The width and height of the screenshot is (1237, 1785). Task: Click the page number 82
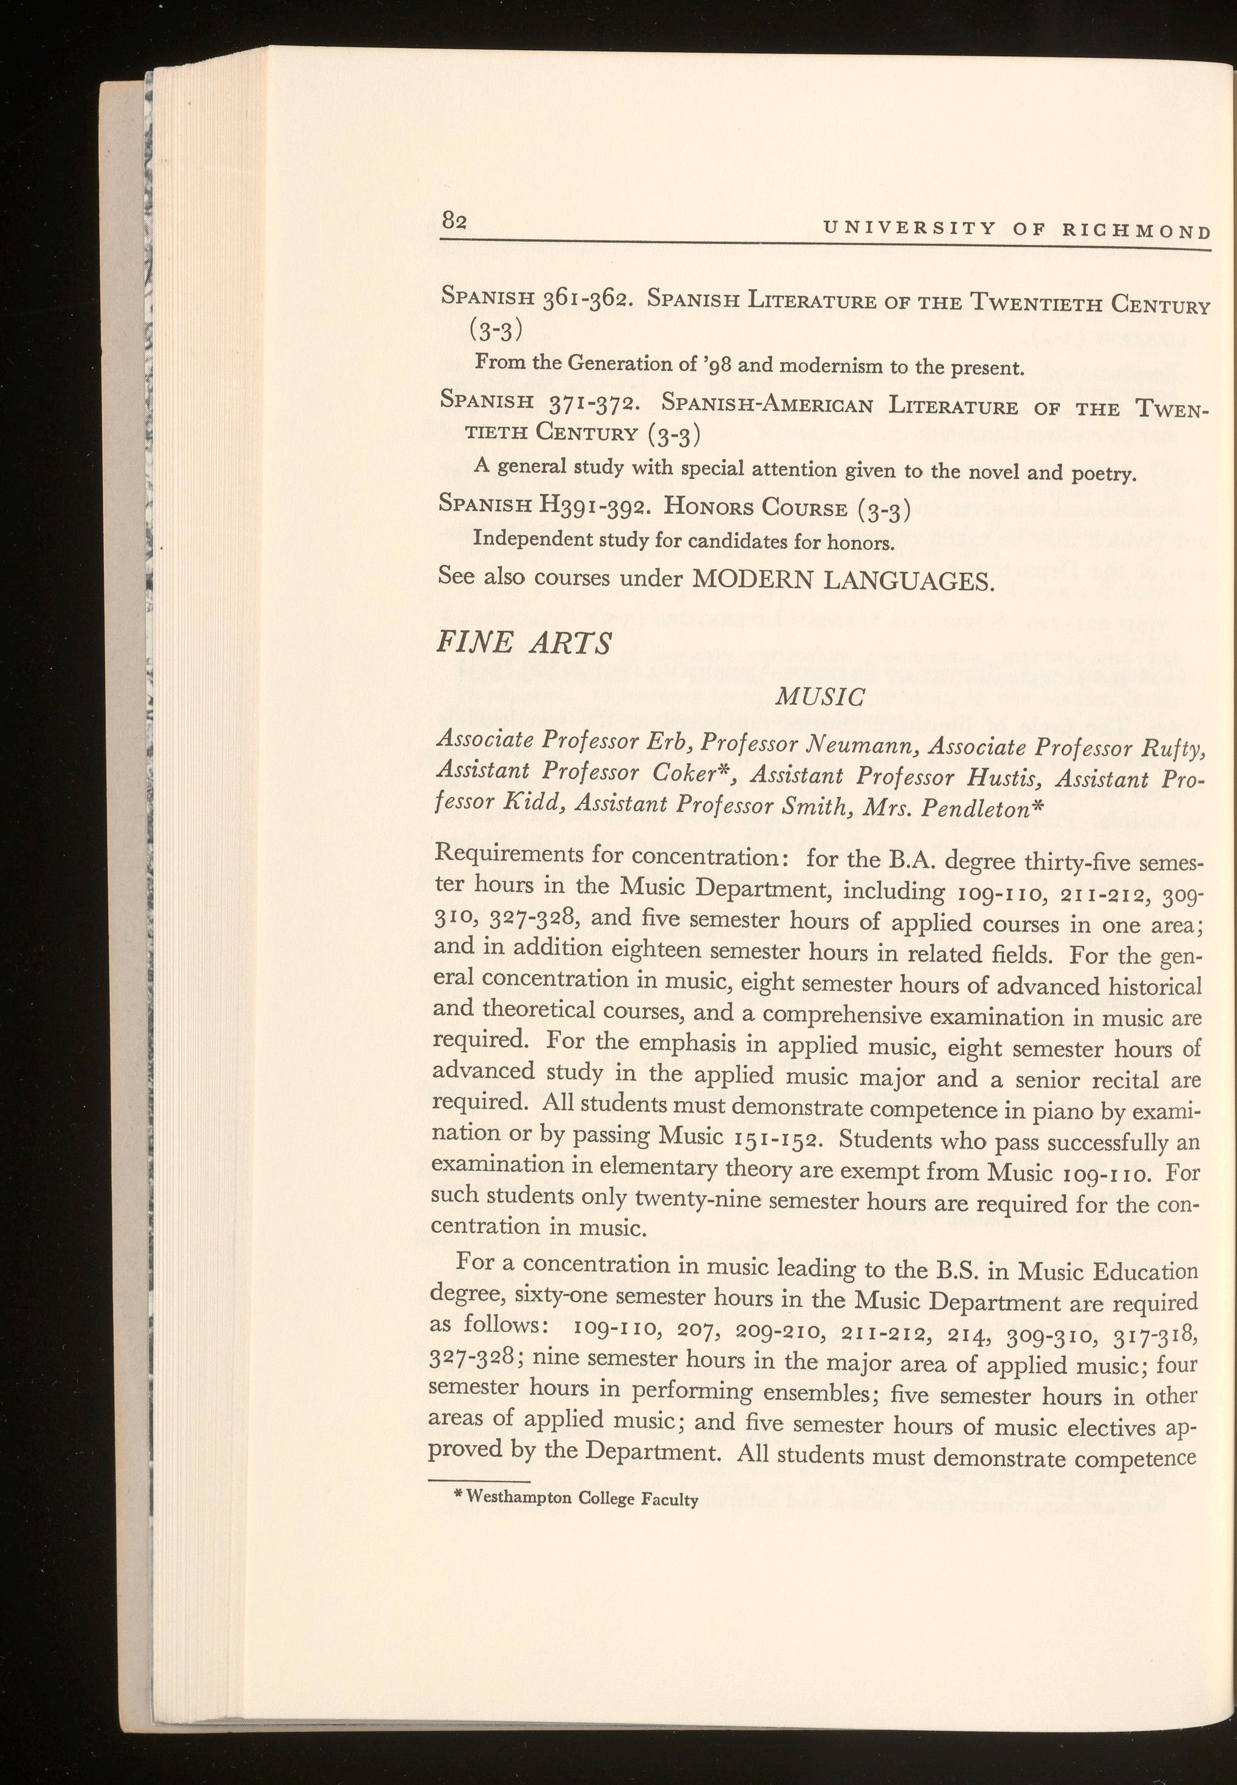tap(454, 221)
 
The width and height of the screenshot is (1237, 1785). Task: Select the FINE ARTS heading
tap(524, 644)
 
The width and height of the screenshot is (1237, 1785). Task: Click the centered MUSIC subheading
tap(820, 698)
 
